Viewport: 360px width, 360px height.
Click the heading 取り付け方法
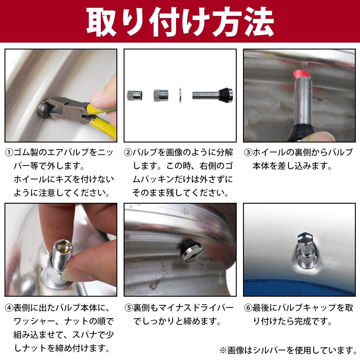point(180,22)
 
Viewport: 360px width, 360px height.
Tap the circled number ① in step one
point(9,153)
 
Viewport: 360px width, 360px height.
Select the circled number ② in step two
point(128,153)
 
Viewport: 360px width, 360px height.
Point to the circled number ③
point(248,153)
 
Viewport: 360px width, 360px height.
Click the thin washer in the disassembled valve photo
point(180,95)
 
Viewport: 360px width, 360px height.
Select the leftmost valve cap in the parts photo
point(135,96)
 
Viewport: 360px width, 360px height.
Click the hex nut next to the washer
point(161,95)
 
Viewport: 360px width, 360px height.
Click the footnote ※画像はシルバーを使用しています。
point(288,350)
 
